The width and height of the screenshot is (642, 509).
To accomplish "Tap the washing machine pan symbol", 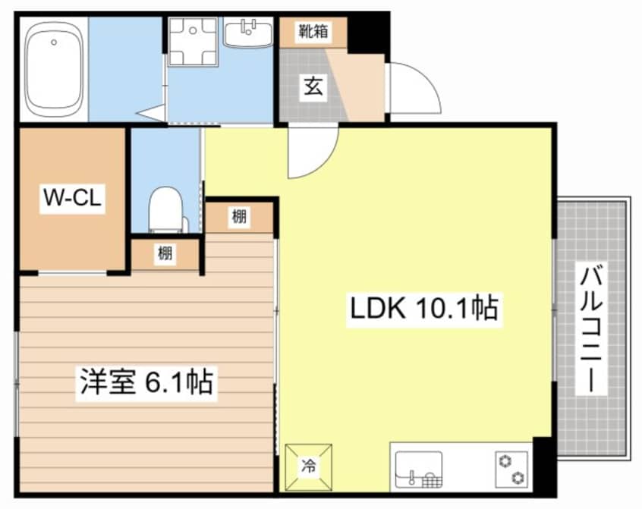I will (x=193, y=40).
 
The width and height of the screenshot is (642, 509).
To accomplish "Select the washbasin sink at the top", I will (x=247, y=34).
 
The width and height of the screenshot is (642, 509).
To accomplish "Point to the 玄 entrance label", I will (x=313, y=86).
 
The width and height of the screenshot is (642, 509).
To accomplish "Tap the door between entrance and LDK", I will (x=311, y=150).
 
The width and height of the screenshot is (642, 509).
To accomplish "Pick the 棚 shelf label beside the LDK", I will (x=239, y=218).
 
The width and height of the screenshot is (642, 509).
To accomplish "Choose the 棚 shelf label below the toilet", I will (x=165, y=254).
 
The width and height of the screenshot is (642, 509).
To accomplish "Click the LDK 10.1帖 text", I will (x=423, y=309).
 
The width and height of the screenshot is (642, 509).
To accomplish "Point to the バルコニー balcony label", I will (x=593, y=328).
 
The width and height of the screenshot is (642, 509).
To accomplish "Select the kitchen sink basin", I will (x=417, y=468).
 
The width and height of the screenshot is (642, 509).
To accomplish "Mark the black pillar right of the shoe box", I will (x=367, y=33).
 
